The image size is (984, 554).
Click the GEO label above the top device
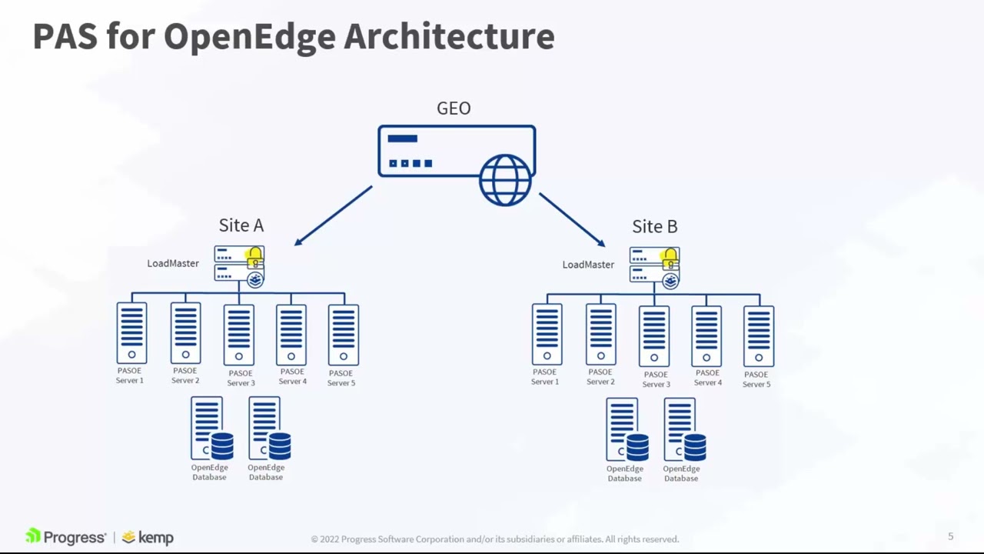click(x=454, y=108)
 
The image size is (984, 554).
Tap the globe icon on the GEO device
click(x=505, y=180)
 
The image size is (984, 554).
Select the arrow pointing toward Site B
click(x=573, y=219)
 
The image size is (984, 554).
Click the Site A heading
click(x=241, y=225)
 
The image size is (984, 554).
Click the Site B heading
click(x=654, y=226)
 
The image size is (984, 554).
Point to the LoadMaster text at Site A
click(x=173, y=263)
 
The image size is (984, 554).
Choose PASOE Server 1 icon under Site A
click(x=131, y=333)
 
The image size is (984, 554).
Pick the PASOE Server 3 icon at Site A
click(x=238, y=335)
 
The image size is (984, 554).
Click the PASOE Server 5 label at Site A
click(x=341, y=378)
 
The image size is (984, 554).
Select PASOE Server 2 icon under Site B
click(x=600, y=334)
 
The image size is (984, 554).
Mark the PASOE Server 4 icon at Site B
click(x=706, y=335)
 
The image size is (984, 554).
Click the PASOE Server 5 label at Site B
click(x=756, y=379)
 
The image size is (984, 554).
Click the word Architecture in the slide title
click(x=449, y=36)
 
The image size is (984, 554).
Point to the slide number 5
click(x=950, y=536)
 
